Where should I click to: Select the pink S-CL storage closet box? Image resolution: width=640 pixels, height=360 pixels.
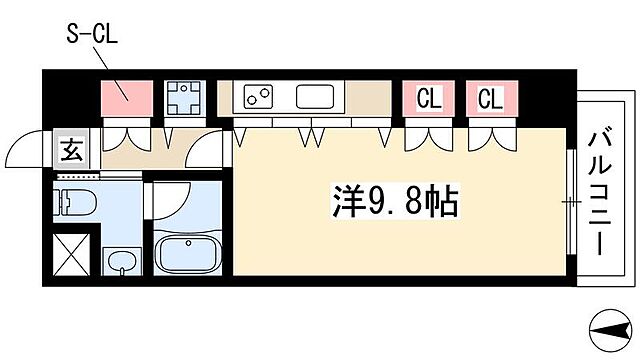pyautogui.click(x=125, y=98)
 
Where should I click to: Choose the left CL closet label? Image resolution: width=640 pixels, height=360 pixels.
pyautogui.click(x=428, y=98)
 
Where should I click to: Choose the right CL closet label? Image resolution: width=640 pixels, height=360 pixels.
pyautogui.click(x=489, y=98)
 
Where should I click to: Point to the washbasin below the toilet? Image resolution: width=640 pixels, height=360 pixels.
pyautogui.click(x=121, y=263)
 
